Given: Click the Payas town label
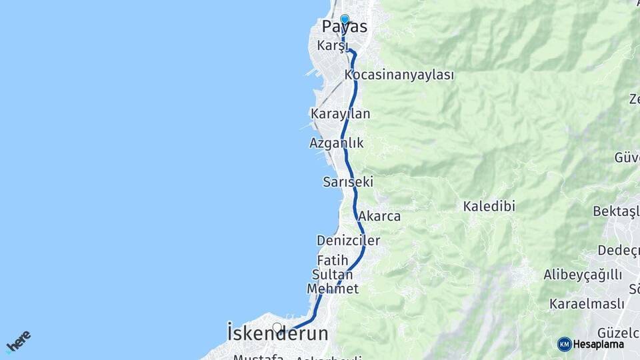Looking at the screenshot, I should (345, 27).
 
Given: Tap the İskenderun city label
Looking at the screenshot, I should (277, 333).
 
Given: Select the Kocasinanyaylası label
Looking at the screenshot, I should (399, 75).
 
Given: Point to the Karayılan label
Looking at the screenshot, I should (340, 114).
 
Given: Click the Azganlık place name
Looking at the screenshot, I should (337, 143).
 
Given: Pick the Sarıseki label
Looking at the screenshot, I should (347, 182).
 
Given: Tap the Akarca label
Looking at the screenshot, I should (379, 216).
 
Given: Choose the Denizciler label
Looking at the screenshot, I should (349, 241).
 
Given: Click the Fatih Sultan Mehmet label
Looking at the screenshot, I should (333, 274).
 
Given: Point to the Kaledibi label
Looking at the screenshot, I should (489, 207).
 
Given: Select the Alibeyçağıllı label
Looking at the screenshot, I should (583, 275).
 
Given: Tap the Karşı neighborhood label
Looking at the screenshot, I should (333, 45).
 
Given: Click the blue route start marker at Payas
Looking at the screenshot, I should (345, 19).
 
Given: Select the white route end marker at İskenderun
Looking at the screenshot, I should (277, 327).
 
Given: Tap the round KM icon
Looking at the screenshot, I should (565, 344).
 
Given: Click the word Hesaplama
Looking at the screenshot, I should (599, 345).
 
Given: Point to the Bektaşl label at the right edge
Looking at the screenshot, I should (616, 211).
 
